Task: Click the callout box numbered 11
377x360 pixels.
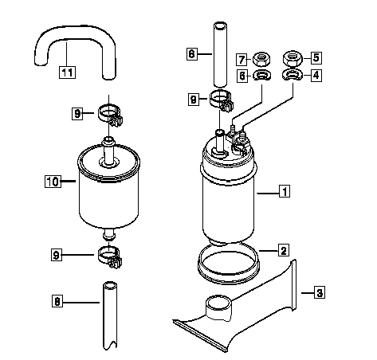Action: (67, 72)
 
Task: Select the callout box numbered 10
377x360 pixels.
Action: (53, 182)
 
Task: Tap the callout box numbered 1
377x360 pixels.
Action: (285, 191)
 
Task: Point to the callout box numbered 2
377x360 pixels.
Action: (284, 250)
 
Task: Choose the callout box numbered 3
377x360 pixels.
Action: (320, 292)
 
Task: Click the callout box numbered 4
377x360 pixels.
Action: (316, 76)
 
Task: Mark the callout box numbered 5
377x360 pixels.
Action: (316, 58)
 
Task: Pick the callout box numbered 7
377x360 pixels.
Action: (242, 59)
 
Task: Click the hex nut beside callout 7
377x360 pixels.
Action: (261, 59)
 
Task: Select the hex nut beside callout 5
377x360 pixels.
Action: (293, 58)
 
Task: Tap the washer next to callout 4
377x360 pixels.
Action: (293, 75)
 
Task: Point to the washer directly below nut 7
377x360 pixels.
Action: (261, 76)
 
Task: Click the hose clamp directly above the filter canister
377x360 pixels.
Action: (111, 115)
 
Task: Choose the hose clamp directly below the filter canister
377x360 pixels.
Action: (110, 256)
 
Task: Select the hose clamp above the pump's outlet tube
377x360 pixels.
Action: (222, 100)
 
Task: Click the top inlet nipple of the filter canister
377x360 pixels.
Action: (108, 151)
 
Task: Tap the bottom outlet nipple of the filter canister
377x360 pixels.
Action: (108, 234)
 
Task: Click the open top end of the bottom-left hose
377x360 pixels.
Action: (110, 286)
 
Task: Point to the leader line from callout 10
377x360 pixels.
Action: (69, 182)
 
